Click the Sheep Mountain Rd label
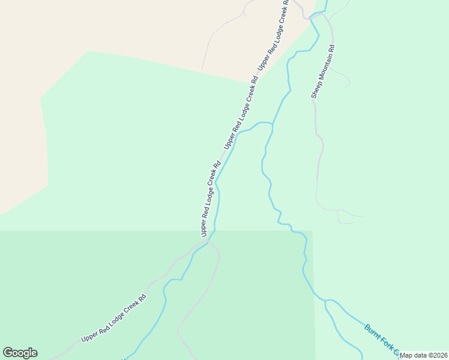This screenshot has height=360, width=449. (x=322, y=71)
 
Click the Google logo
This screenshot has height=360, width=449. (x=20, y=353)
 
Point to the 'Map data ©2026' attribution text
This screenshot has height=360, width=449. (x=424, y=355)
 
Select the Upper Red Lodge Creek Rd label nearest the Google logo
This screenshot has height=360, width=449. (x=113, y=319)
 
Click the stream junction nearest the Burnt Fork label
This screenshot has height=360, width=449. (x=325, y=301)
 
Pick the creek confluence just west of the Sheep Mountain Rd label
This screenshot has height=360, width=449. (x=273, y=124)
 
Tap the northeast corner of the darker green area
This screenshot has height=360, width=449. (x=313, y=230)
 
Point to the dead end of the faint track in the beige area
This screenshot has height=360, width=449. (x=202, y=70)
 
